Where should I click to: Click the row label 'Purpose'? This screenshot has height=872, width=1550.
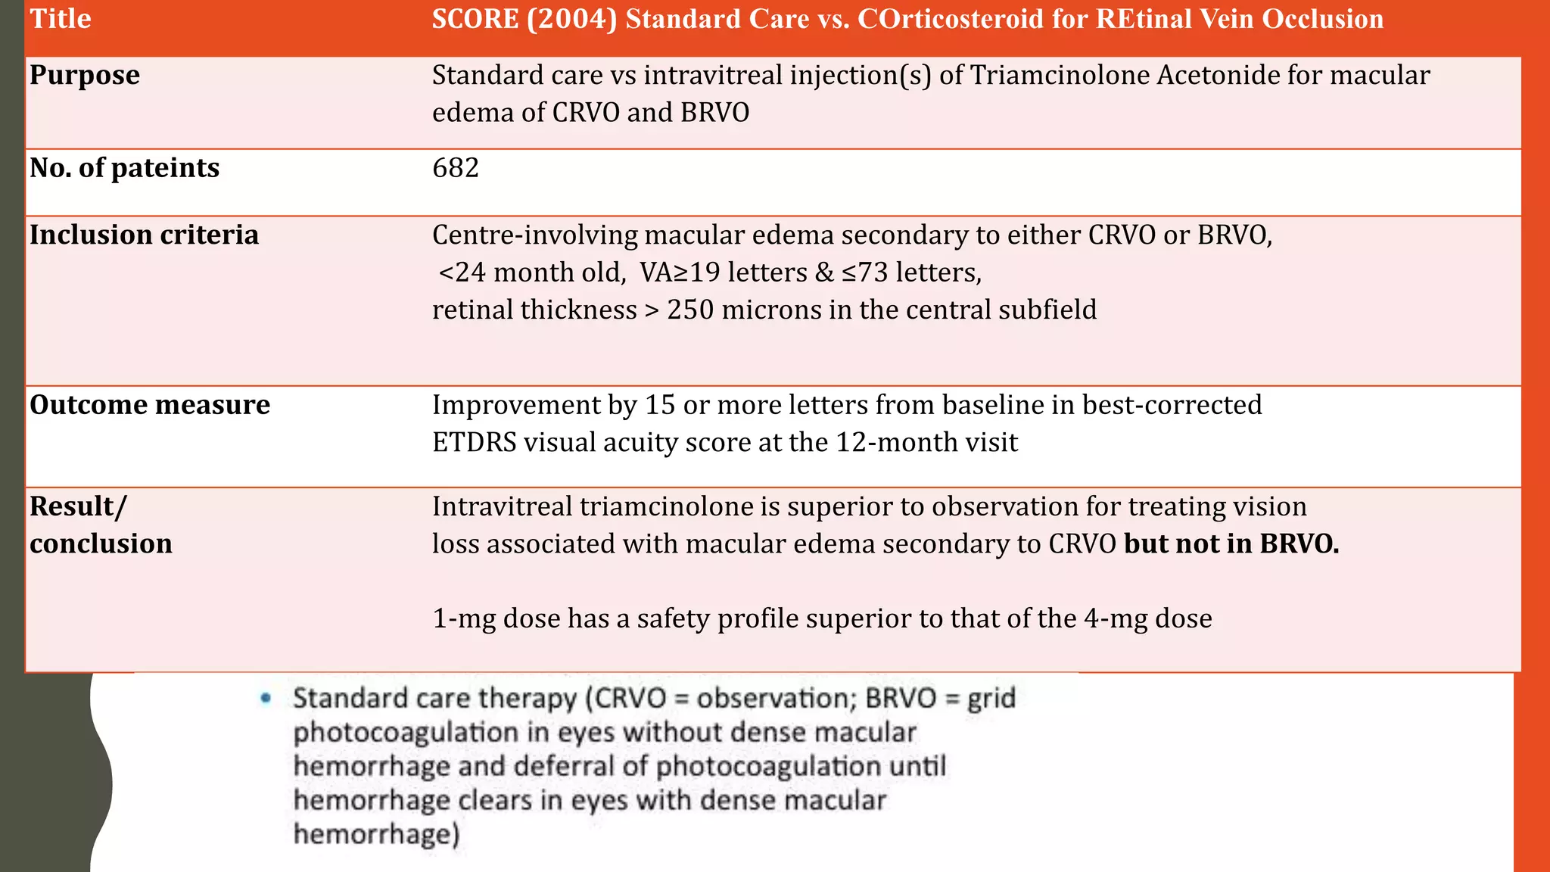[85, 76]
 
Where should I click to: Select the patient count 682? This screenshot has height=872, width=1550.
[456, 168]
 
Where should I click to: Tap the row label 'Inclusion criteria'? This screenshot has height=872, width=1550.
[144, 235]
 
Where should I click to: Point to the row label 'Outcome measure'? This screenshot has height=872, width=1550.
[150, 405]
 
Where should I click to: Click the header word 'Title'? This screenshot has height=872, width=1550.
[61, 19]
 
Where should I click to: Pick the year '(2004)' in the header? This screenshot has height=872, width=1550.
[572, 19]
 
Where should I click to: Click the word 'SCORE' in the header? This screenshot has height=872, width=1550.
[475, 19]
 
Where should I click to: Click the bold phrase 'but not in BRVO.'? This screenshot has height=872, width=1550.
[1231, 544]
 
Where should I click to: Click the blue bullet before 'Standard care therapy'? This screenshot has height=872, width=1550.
[266, 698]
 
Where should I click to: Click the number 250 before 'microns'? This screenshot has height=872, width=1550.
[690, 310]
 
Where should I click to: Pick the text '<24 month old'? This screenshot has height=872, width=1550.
[532, 272]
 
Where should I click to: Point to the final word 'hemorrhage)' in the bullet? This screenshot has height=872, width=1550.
[376, 834]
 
